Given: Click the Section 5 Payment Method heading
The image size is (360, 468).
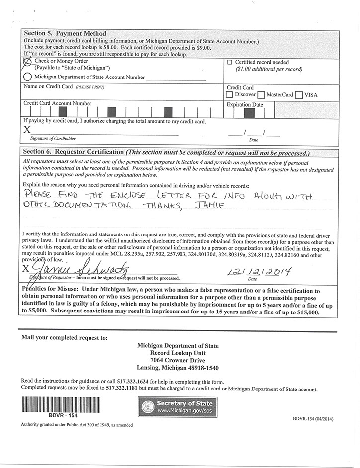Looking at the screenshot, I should pyautogui.click(x=65, y=33).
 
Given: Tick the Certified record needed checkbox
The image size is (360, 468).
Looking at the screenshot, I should pyautogui.click(x=230, y=62).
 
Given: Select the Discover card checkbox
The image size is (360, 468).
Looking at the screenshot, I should pyautogui.click(x=229, y=95).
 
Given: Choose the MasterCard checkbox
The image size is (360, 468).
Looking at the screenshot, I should pyautogui.click(x=261, y=95).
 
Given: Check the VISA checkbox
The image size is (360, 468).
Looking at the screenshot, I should pyautogui.click(x=299, y=95).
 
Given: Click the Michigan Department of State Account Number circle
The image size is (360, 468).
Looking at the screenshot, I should pyautogui.click(x=27, y=77).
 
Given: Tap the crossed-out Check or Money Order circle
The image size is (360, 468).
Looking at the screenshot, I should pyautogui.click(x=27, y=62).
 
